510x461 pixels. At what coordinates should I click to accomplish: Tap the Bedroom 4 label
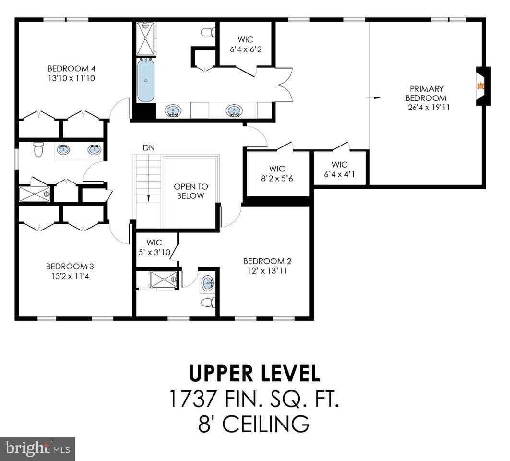click(x=68, y=68)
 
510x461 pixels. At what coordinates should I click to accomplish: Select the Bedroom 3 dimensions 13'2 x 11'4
click(x=70, y=276)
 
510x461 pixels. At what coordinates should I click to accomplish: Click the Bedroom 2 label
click(x=267, y=261)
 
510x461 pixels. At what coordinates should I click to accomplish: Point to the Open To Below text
click(x=190, y=191)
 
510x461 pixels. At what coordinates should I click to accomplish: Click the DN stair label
click(x=149, y=147)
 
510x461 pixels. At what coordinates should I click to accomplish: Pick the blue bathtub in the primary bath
click(x=146, y=80)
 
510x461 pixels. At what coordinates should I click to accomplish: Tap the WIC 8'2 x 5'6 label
click(x=277, y=173)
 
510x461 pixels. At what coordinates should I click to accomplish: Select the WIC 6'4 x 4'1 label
click(x=339, y=170)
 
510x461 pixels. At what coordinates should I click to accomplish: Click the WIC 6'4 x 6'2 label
click(x=246, y=44)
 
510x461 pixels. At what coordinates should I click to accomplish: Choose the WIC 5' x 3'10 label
click(x=154, y=247)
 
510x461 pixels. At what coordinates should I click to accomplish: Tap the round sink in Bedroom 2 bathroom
click(x=208, y=283)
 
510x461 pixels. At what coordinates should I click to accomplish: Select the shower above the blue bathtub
click(x=145, y=38)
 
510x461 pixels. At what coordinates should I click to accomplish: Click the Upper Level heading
click(x=254, y=374)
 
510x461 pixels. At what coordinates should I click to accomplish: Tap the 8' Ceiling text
click(x=254, y=424)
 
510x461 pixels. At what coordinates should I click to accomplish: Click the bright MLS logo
click(x=37, y=449)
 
